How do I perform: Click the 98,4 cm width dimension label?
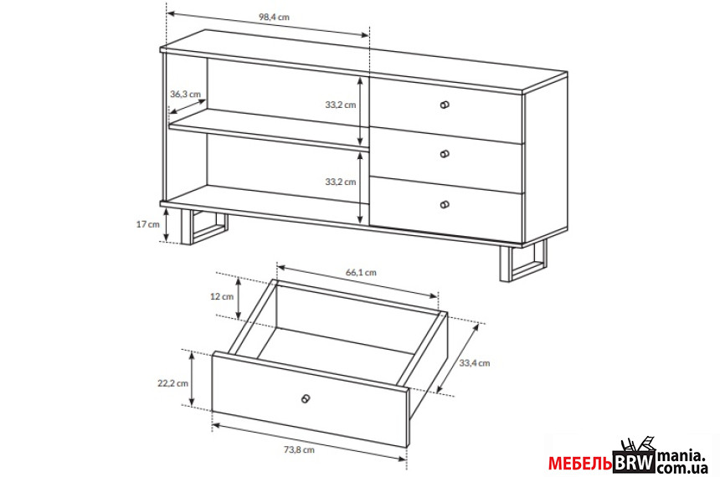click(x=274, y=17)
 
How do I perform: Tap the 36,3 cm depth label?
click(x=186, y=94)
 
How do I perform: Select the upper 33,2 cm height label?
click(x=341, y=105)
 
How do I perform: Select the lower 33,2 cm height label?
click(x=341, y=182)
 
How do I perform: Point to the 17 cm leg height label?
click(x=148, y=224)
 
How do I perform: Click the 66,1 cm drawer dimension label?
click(x=361, y=272)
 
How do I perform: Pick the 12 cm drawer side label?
click(x=222, y=296)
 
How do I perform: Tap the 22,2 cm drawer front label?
click(x=173, y=383)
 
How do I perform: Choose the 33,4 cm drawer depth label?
click(x=475, y=363)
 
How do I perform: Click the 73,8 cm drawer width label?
click(x=299, y=449)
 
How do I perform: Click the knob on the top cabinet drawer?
click(x=445, y=105)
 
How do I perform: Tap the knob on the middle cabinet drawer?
click(x=445, y=154)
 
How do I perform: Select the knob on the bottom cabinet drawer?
click(x=445, y=205)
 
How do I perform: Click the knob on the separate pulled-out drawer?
click(x=306, y=398)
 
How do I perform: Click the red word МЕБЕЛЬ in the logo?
click(x=580, y=464)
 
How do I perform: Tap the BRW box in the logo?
click(x=634, y=462)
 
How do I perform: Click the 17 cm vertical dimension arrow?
click(x=167, y=224)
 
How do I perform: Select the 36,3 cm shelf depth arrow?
click(x=188, y=106)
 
